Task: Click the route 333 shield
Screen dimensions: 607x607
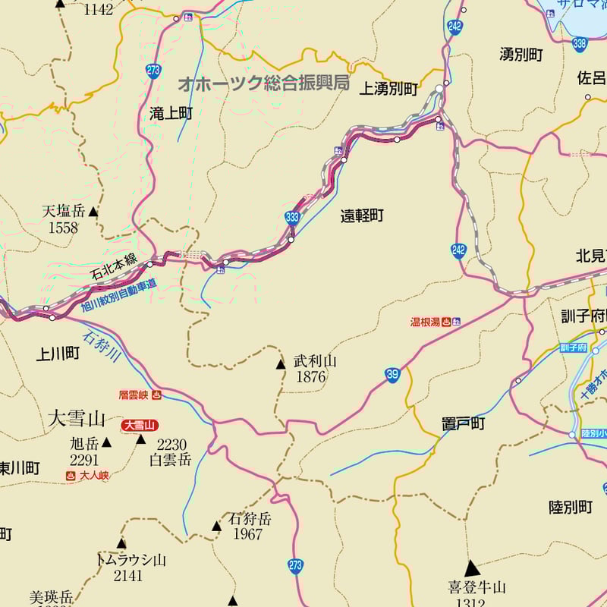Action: coord(292,218)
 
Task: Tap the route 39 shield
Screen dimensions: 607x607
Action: coord(392,374)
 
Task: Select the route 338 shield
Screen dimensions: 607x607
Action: coord(580,44)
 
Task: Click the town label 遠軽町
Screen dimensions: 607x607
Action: coord(362,215)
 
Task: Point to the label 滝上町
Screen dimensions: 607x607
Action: coord(171,114)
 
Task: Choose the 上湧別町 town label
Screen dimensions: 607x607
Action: coord(388,90)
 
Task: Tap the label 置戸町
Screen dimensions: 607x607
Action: coord(463,423)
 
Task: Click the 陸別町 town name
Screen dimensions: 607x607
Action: coord(571,507)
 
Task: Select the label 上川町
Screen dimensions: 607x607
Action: coord(58,353)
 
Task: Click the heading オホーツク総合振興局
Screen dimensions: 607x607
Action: coord(263,83)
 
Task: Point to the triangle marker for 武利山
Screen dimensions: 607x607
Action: coord(281,365)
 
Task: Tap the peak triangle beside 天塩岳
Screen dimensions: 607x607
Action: coord(93,212)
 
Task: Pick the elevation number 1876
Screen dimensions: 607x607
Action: coord(311,377)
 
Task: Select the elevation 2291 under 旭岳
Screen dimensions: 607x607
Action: coord(84,460)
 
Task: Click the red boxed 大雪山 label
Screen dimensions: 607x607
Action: coord(140,426)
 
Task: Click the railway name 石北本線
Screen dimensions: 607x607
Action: coord(114,267)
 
